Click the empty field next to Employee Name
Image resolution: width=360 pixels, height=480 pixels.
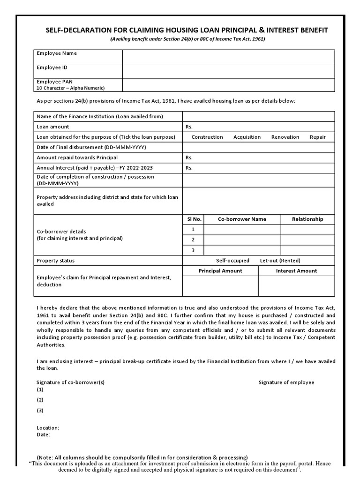click(228, 57)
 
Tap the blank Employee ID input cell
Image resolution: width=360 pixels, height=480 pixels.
click(228, 71)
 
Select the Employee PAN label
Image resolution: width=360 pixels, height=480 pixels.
click(55, 82)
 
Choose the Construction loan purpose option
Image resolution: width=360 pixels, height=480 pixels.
click(207, 137)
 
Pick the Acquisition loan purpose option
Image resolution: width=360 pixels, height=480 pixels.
click(247, 137)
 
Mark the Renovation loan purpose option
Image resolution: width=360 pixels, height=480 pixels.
click(285, 137)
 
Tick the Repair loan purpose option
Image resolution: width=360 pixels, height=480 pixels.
click(317, 137)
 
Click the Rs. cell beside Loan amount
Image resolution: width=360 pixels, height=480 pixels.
click(258, 127)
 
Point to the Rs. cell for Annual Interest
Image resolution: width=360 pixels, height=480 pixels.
click(258, 168)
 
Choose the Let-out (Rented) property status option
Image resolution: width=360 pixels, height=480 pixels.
click(280, 261)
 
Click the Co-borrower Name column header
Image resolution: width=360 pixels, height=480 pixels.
click(242, 219)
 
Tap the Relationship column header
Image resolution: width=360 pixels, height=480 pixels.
click(307, 219)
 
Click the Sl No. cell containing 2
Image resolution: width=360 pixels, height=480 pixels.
click(193, 240)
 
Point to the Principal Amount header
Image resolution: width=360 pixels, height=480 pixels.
click(220, 271)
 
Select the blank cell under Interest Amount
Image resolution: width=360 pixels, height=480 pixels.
click(296, 286)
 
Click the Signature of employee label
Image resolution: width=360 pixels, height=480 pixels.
click(286, 382)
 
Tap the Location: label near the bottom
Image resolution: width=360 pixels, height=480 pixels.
click(48, 428)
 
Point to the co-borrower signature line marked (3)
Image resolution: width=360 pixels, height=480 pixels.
click(40, 411)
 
